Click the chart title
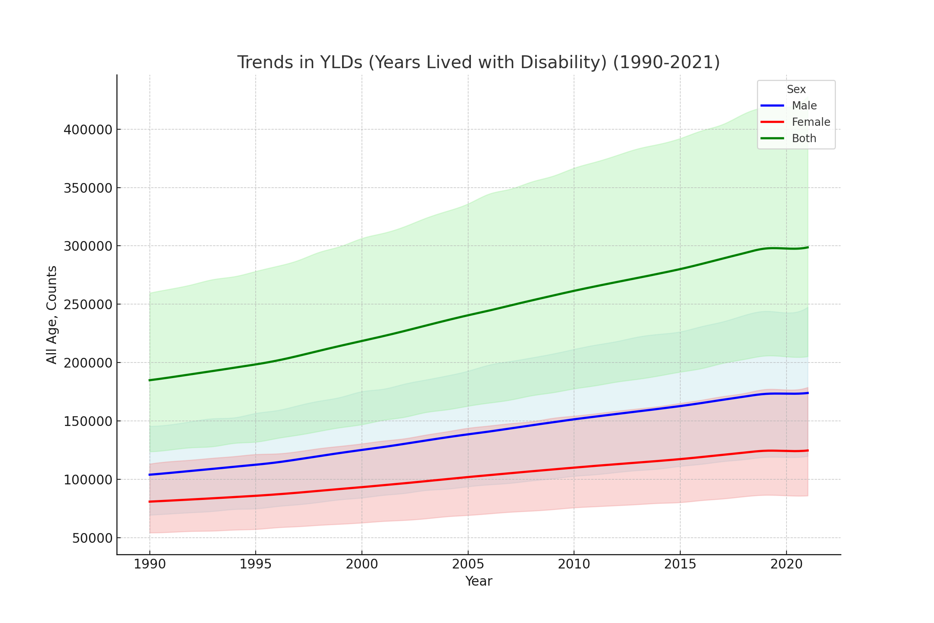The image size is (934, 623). tap(478, 62)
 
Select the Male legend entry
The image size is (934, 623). tap(804, 106)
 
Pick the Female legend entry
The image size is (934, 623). tap(811, 122)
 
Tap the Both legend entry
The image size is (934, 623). tap(804, 138)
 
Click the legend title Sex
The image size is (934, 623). tap(796, 90)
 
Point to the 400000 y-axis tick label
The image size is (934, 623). tap(88, 130)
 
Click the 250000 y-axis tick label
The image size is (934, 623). tap(88, 305)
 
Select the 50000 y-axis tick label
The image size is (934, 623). tap(92, 539)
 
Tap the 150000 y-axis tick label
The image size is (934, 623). tap(88, 422)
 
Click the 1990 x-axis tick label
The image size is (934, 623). tap(150, 565)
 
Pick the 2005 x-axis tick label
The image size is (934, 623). tap(468, 565)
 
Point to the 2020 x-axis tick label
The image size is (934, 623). tap(786, 565)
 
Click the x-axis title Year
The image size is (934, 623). tap(479, 581)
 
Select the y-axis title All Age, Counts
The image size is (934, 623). tap(52, 315)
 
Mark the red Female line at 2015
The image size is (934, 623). tap(680, 459)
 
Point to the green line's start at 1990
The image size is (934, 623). tap(150, 380)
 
